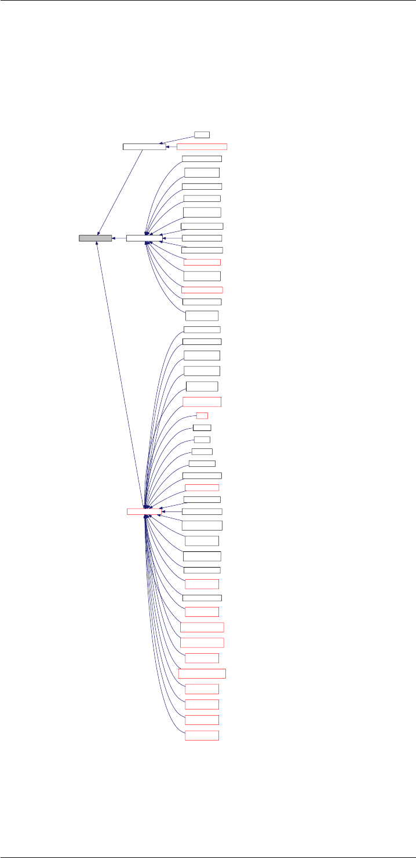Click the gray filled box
click(x=95, y=238)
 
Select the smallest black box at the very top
click(x=202, y=134)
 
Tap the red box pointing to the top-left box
click(x=202, y=146)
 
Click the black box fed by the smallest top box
click(x=144, y=146)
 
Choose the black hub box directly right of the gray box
click(x=144, y=238)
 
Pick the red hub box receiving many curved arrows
click(x=144, y=511)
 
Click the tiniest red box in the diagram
click(x=202, y=415)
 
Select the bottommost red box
click(x=202, y=735)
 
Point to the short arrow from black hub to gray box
click(x=119, y=238)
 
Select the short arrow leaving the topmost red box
click(x=171, y=146)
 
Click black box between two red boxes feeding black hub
click(x=202, y=276)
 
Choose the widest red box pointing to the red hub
click(x=202, y=673)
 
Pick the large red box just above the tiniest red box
click(x=202, y=402)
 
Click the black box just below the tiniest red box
click(x=202, y=428)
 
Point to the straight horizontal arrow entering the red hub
click(x=172, y=511)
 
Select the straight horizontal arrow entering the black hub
click(x=172, y=238)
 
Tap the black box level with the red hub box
click(x=202, y=511)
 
